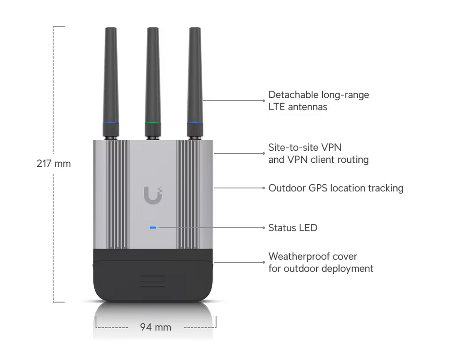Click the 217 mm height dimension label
click(x=54, y=164)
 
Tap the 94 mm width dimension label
click(x=155, y=327)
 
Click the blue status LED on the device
click(x=153, y=228)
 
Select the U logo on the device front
click(x=153, y=195)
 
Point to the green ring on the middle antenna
click(x=153, y=123)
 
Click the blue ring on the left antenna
click(x=111, y=123)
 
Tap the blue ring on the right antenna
click(x=195, y=123)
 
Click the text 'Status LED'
click(x=293, y=228)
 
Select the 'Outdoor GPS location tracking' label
click(x=336, y=188)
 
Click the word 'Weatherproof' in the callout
click(x=298, y=256)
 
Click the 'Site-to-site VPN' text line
click(x=305, y=147)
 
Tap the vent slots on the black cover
click(x=153, y=281)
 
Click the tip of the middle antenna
click(x=153, y=28)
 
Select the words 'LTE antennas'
click(x=298, y=107)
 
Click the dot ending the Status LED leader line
click(x=264, y=228)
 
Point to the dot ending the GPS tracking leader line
click(x=264, y=188)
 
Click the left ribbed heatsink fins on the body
click(x=118, y=195)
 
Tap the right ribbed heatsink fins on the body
click(x=188, y=195)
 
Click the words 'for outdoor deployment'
click(x=321, y=269)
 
